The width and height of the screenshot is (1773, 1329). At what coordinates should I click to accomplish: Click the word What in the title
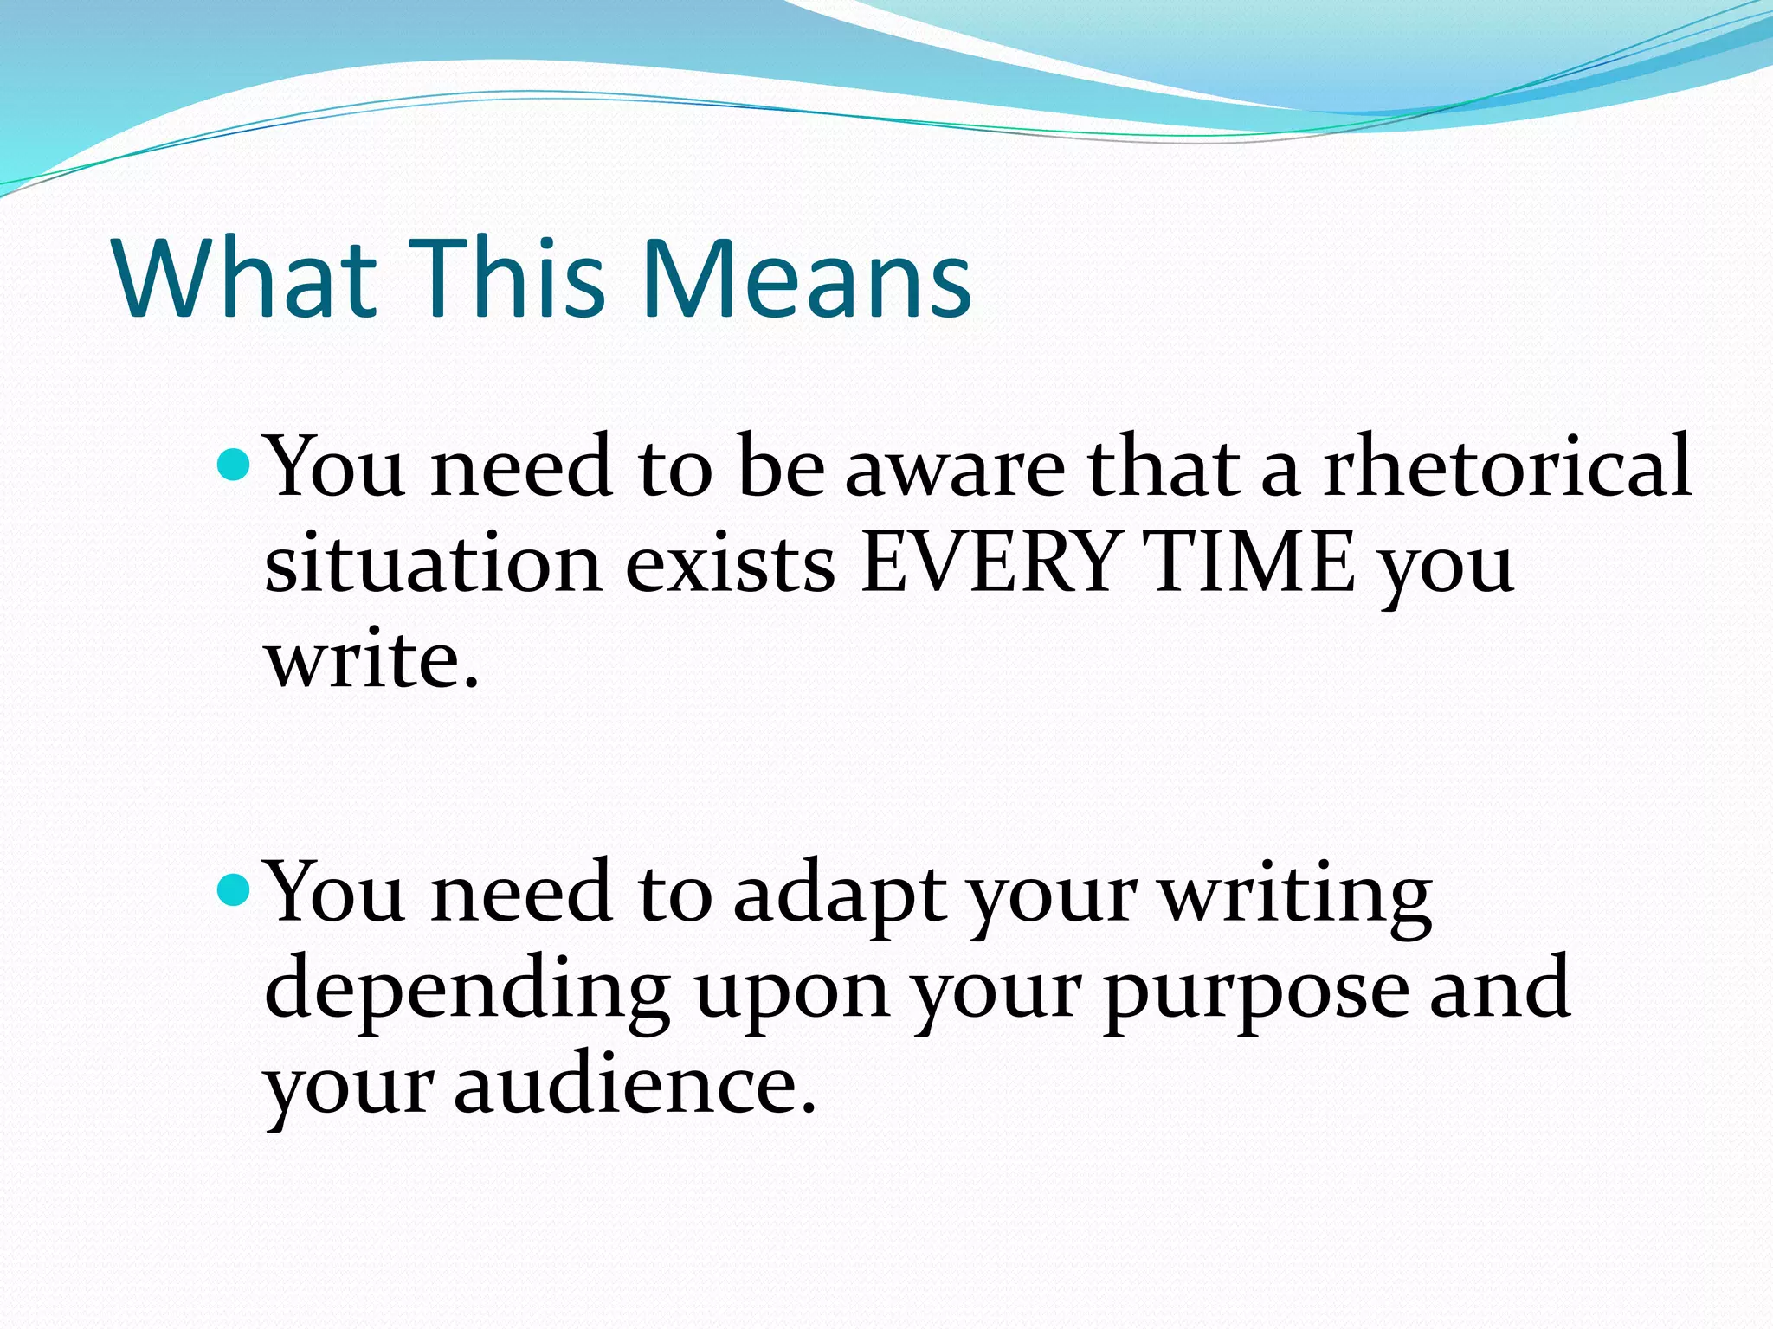click(245, 277)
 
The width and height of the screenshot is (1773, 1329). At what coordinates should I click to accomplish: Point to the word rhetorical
click(1507, 467)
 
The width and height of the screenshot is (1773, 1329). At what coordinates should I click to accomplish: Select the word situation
click(433, 562)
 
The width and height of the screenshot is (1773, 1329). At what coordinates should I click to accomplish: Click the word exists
click(730, 562)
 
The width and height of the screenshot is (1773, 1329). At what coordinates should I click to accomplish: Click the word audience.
click(635, 1086)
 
